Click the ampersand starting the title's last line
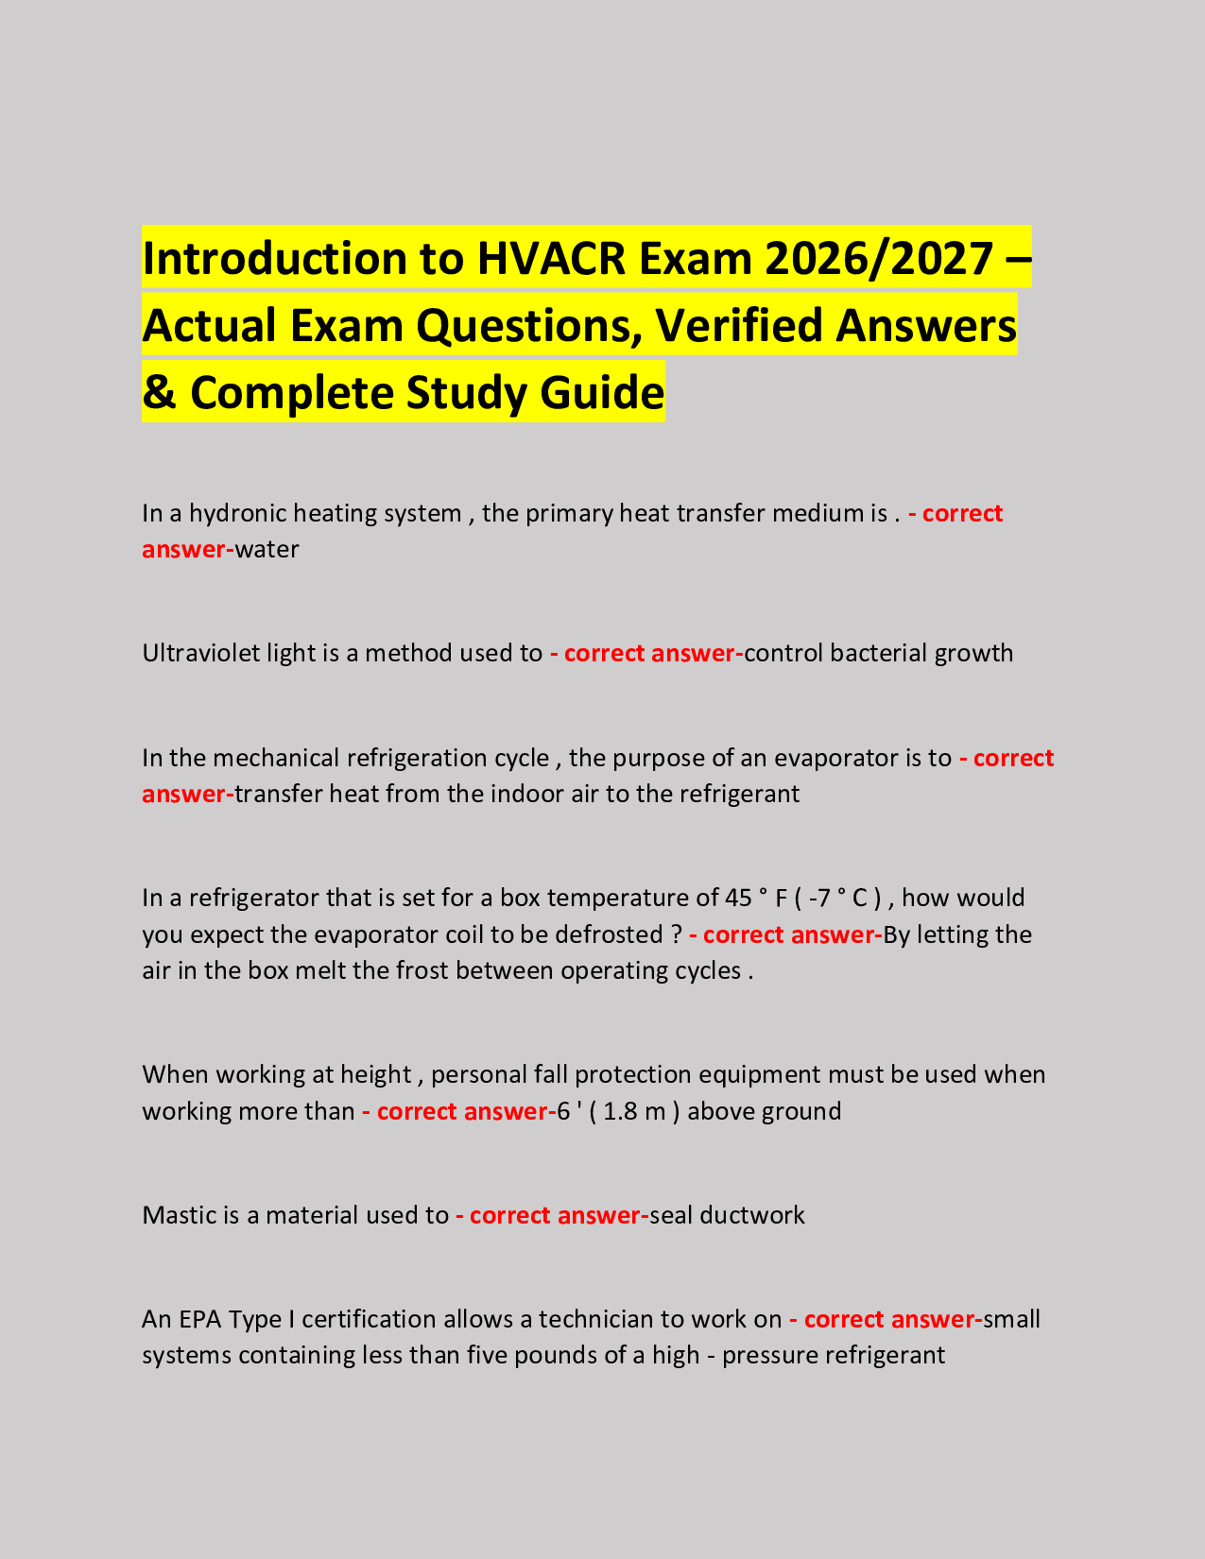(x=160, y=392)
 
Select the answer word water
(x=267, y=549)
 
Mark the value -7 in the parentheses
(x=820, y=898)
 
